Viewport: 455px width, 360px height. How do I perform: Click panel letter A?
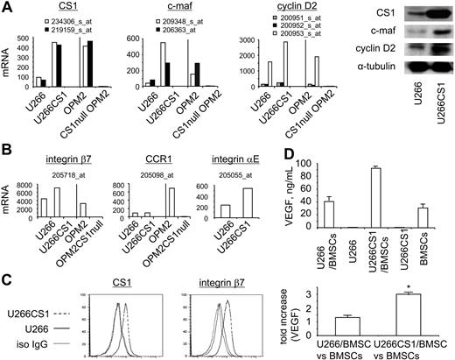tap(6, 8)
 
